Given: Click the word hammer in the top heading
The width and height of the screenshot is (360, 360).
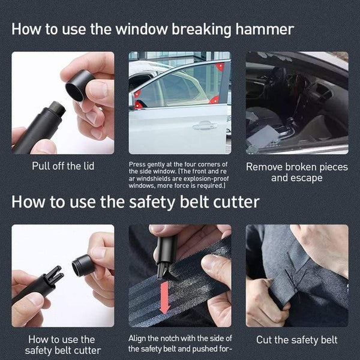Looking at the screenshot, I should [260, 29].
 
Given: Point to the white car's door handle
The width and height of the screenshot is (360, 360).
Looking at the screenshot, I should [205, 125].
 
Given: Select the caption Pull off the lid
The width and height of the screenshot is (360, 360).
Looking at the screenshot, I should [62, 166].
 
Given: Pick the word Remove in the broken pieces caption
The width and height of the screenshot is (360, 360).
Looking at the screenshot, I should [266, 167].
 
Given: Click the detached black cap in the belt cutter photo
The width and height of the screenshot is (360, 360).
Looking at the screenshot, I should [83, 265].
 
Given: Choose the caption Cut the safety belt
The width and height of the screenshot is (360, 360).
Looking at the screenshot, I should [296, 340].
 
